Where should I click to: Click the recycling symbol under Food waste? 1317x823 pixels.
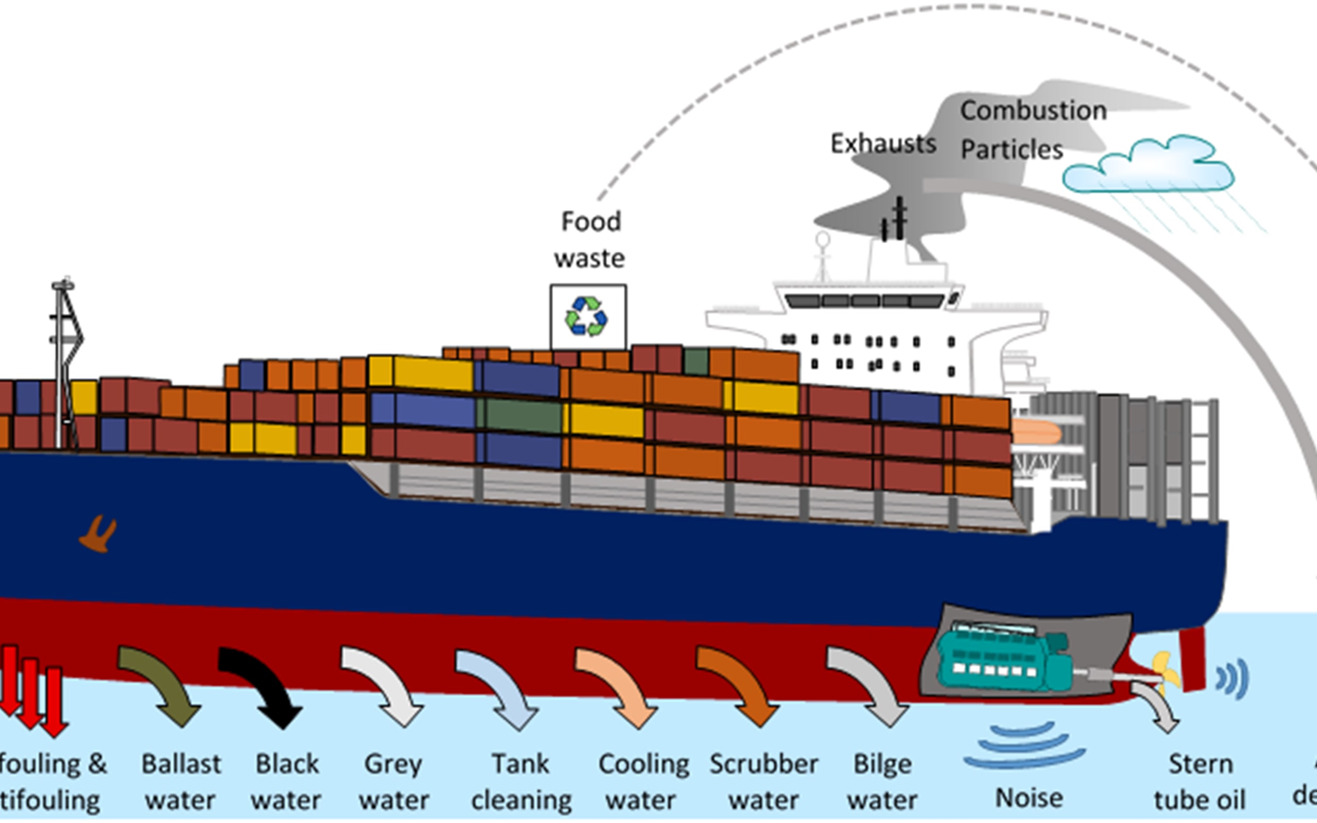click(x=587, y=316)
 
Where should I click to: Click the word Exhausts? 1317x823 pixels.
click(x=883, y=144)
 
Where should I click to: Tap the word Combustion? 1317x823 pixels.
click(x=1033, y=111)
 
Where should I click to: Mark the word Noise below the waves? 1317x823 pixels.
click(x=1029, y=798)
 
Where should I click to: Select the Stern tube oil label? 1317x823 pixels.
click(x=1199, y=782)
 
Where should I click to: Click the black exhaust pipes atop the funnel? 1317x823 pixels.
click(x=895, y=220)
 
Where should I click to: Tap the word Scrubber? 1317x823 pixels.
click(x=763, y=764)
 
